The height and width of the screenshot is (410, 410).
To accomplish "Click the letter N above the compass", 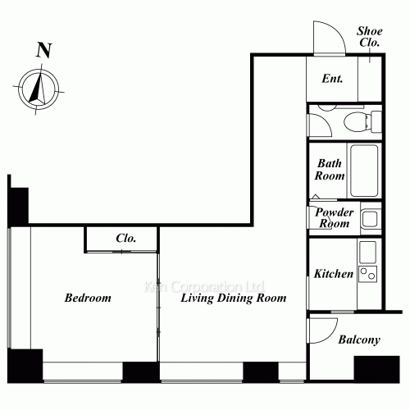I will click(x=43, y=49).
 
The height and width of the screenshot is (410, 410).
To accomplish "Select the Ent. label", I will click(x=332, y=79).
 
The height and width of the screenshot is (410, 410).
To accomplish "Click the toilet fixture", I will click(x=358, y=122).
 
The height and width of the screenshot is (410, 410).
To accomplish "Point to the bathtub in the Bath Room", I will click(x=362, y=170).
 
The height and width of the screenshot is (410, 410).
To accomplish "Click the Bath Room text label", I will click(x=330, y=170).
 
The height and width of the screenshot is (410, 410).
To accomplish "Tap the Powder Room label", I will click(x=335, y=217).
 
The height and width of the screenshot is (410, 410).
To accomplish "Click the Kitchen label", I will click(x=334, y=274).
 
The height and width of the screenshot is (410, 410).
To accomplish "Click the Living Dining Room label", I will click(x=234, y=298).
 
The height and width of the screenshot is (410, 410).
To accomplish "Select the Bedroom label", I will click(x=88, y=298).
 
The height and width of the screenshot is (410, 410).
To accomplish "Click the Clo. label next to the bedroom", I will click(x=125, y=239).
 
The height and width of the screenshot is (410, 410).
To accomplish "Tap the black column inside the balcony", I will click(x=376, y=367).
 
